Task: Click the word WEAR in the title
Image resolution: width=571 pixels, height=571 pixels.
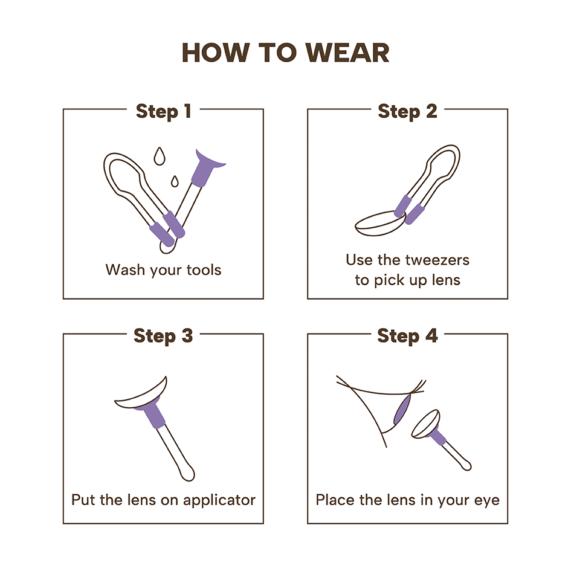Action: tap(347, 53)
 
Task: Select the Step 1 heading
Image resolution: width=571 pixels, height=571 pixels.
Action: tap(164, 111)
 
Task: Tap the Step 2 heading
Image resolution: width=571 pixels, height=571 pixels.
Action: tap(407, 111)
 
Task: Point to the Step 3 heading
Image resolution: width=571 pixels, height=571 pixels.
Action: tap(163, 336)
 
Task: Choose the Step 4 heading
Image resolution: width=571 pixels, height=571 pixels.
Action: tap(407, 336)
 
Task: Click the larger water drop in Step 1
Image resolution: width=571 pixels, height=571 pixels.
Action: tap(159, 156)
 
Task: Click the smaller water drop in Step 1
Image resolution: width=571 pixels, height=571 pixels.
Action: tap(175, 181)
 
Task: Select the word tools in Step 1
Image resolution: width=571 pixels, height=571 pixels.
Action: tap(204, 270)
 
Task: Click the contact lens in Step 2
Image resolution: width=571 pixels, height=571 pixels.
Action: tap(380, 224)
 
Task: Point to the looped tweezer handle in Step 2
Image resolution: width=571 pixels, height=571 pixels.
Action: tap(443, 157)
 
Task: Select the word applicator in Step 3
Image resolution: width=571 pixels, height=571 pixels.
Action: tap(219, 500)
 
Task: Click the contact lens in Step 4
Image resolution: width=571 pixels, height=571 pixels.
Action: tap(425, 424)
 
